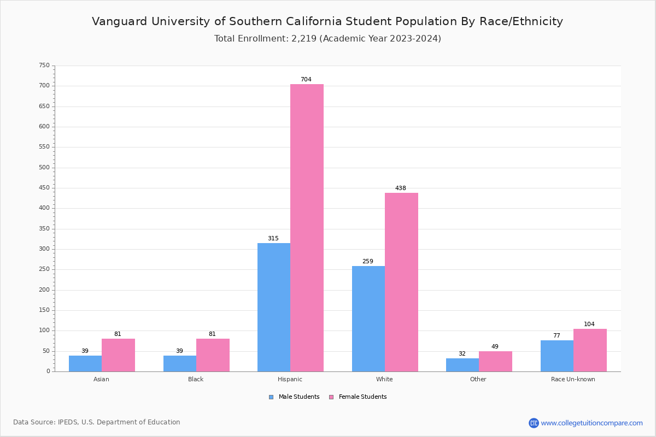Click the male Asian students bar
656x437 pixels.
tap(85, 363)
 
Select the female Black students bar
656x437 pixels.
tap(213, 355)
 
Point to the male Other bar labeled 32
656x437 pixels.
tap(462, 365)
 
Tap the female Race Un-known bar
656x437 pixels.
tap(590, 350)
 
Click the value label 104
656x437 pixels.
tap(589, 324)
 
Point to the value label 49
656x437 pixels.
tap(495, 347)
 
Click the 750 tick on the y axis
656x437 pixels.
tap(44, 66)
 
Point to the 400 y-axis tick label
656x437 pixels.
tap(44, 208)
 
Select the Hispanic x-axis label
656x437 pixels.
tap(290, 379)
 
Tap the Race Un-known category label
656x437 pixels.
tap(573, 379)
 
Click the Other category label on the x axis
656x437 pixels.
tap(478, 379)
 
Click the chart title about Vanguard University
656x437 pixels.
tap(327, 22)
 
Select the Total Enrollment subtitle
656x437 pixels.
tap(327, 39)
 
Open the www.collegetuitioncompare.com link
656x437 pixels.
tap(591, 423)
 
